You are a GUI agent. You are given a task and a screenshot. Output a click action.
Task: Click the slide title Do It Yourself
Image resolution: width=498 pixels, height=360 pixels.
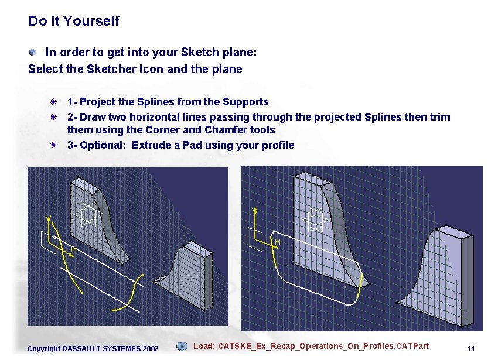tap(73, 22)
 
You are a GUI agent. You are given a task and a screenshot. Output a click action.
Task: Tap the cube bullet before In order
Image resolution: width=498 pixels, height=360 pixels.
tap(34, 53)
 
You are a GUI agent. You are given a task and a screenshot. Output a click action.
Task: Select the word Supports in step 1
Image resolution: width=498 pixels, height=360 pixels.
tap(245, 102)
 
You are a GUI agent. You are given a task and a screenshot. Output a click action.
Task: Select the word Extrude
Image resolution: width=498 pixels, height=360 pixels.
tap(151, 145)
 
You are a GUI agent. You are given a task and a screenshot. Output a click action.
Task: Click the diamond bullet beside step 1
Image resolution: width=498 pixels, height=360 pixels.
tap(53, 102)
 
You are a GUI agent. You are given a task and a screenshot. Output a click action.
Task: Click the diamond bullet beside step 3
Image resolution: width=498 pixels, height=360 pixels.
tap(53, 145)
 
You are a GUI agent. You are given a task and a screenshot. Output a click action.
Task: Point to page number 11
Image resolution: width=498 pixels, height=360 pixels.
tap(470, 349)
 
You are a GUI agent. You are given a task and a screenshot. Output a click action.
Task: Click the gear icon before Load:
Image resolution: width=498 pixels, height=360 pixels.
tap(182, 346)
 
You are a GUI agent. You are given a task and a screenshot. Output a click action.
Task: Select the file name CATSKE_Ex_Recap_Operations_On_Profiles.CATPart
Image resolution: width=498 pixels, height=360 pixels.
tap(323, 346)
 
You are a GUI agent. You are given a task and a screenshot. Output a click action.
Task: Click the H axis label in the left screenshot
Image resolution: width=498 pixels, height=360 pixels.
tap(74, 249)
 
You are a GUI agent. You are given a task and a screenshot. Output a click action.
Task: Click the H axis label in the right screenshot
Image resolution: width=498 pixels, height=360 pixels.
tap(277, 242)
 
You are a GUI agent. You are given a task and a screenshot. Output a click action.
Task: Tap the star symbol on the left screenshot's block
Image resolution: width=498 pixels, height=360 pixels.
tap(88, 214)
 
